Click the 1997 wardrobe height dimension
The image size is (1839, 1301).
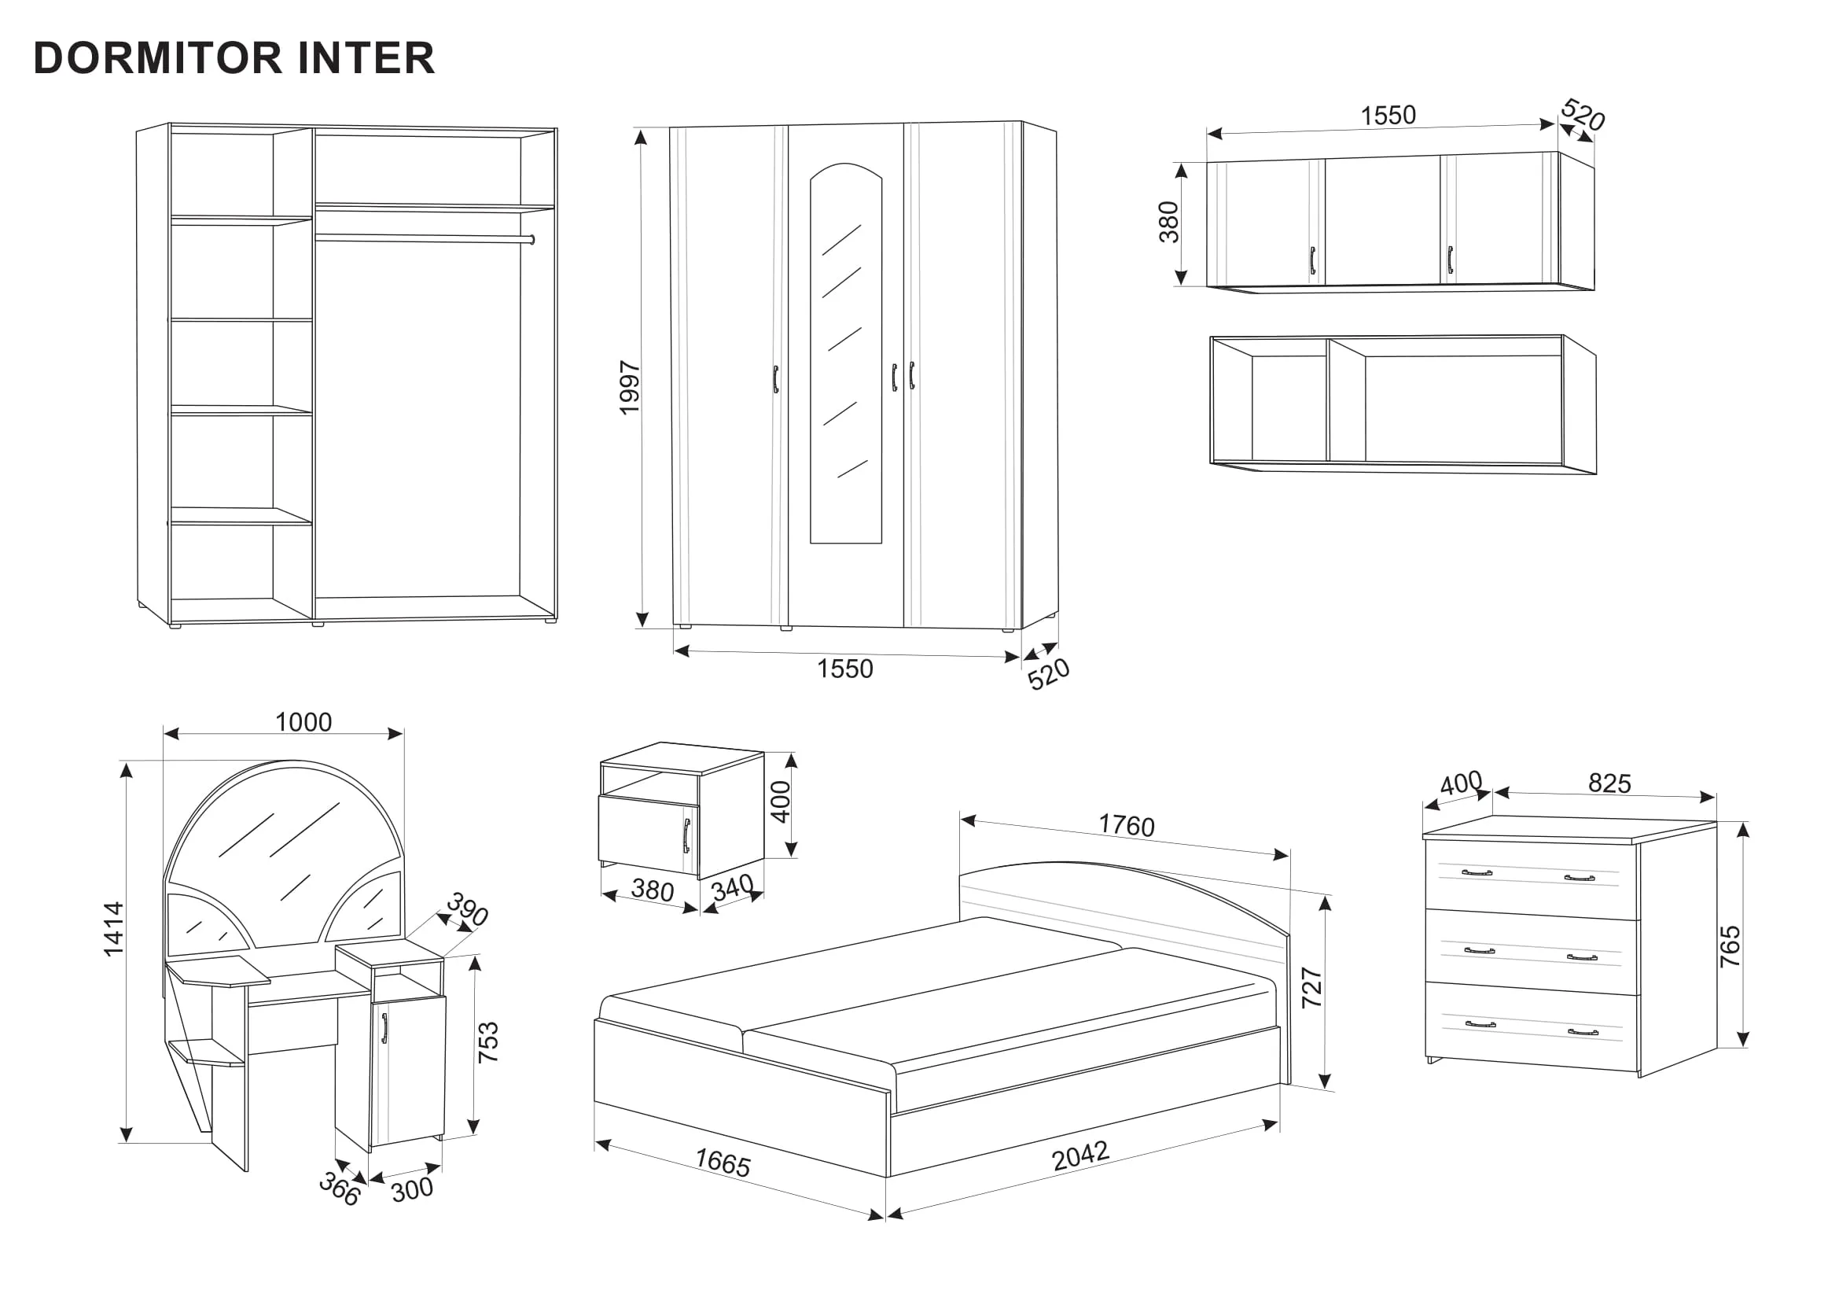pyautogui.click(x=631, y=388)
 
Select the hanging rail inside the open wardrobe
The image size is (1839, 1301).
pyautogui.click(x=424, y=238)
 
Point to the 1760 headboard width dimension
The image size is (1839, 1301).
pyautogui.click(x=1126, y=825)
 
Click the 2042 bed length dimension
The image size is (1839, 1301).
pyautogui.click(x=1080, y=1155)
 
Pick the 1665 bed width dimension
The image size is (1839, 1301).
pyautogui.click(x=723, y=1163)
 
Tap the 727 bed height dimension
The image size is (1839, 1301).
pyautogui.click(x=1312, y=987)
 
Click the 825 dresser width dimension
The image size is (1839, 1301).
pyautogui.click(x=1609, y=783)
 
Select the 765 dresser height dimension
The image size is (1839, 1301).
pyautogui.click(x=1730, y=946)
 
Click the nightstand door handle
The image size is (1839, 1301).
pyautogui.click(x=686, y=835)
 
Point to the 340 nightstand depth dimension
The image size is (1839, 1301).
pyautogui.click(x=732, y=886)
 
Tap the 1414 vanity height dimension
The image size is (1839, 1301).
pyautogui.click(x=114, y=928)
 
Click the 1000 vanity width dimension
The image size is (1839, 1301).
pyautogui.click(x=303, y=722)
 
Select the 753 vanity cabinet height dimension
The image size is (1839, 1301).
pyautogui.click(x=487, y=1042)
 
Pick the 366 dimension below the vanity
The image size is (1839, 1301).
pyautogui.click(x=340, y=1189)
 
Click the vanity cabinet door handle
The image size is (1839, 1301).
pyautogui.click(x=384, y=1029)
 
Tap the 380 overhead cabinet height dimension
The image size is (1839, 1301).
pyautogui.click(x=1169, y=222)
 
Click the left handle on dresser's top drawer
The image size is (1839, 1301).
pyautogui.click(x=1477, y=872)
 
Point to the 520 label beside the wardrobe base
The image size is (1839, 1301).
pyautogui.click(x=1049, y=674)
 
